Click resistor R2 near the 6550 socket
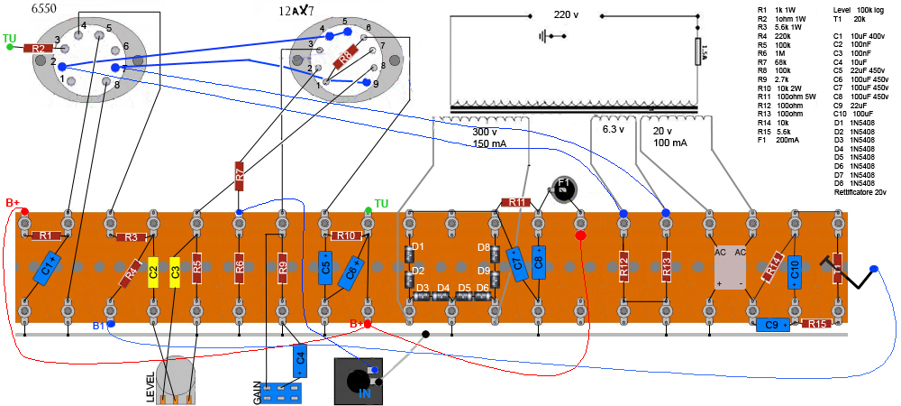37,49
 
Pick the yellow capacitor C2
153,269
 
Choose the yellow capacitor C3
175,269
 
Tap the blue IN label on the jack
365,393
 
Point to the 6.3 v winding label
613,129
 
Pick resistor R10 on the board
345,235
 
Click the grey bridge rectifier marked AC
731,267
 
